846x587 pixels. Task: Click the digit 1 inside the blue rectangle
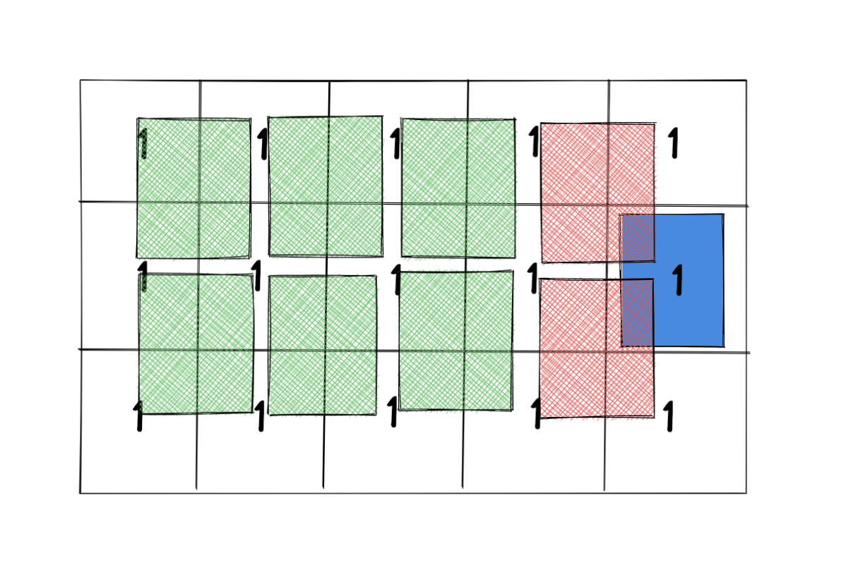[x=678, y=279]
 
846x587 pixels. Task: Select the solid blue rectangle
[x=689, y=310]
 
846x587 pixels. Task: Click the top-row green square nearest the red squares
[x=458, y=188]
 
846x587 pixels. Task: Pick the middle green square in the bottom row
[x=323, y=345]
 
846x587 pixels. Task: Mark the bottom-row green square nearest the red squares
[x=456, y=341]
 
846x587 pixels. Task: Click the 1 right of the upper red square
[x=674, y=143]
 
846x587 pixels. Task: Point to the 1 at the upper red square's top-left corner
[x=534, y=141]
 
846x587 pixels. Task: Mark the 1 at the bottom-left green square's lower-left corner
[x=138, y=416]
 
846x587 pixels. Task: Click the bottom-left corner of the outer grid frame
[x=81, y=492]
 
